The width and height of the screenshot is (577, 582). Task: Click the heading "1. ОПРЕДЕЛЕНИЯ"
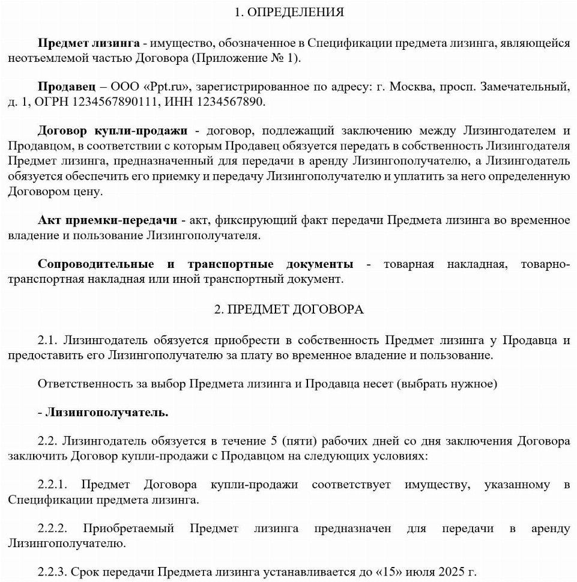click(289, 12)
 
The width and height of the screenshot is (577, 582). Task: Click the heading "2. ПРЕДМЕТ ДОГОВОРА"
click(289, 309)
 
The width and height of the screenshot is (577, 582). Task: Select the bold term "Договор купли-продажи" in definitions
click(112, 131)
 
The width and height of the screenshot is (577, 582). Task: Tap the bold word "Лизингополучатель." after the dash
click(107, 413)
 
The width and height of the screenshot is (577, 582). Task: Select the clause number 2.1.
click(47, 340)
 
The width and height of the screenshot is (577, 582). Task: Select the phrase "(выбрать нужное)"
click(446, 383)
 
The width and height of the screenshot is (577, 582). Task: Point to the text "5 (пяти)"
click(294, 441)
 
